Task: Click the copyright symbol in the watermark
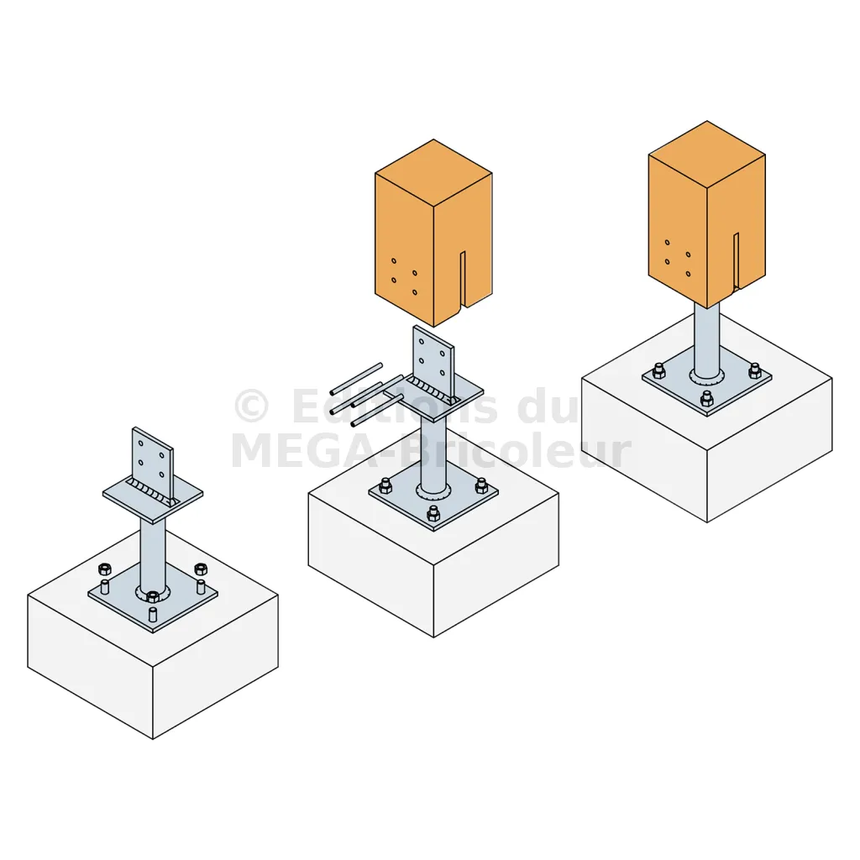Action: (252, 406)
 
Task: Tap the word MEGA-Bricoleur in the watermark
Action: (431, 451)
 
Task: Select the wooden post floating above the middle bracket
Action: (433, 233)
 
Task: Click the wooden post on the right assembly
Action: (707, 215)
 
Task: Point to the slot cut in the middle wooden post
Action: (463, 279)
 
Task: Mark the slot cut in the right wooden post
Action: (737, 260)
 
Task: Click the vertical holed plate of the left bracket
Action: (153, 463)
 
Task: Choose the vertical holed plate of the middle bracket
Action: (433, 362)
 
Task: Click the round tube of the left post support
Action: (153, 555)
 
